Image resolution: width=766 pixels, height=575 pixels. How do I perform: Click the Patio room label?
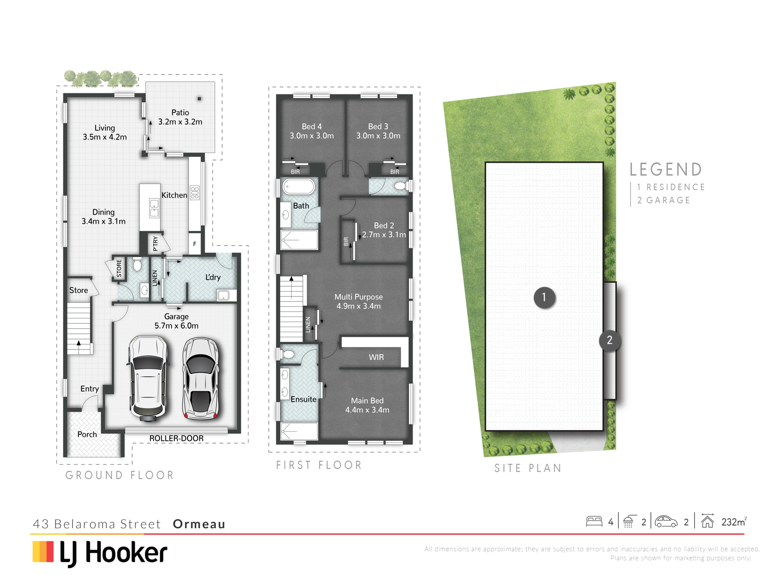coord(180,117)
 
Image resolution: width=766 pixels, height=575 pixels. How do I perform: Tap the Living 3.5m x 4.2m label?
coord(105,133)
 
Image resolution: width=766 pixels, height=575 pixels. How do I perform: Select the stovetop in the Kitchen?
coord(195,193)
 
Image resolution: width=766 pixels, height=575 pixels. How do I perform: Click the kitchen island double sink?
coord(154,208)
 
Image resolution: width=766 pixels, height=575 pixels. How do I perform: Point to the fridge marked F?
coord(195,244)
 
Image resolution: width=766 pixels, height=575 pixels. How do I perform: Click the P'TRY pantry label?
coord(156,244)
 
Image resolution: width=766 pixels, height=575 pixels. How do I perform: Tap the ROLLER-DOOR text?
coord(176,438)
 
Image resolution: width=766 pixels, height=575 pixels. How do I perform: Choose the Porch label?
coord(87,434)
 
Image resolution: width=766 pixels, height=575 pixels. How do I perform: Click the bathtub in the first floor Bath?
coord(299,186)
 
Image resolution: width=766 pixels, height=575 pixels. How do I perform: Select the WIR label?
coord(376,357)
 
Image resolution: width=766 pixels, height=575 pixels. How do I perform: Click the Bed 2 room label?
coord(384,230)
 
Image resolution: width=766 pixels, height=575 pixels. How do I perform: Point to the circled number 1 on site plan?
coord(544,297)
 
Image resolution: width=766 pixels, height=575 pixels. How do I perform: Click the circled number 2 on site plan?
coord(610,340)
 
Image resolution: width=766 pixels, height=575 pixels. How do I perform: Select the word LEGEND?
coord(666,170)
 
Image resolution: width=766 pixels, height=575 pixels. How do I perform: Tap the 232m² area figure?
coord(734,522)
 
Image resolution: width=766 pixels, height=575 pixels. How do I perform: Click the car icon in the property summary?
coord(666,521)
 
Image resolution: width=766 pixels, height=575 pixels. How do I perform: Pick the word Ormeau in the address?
coord(199,524)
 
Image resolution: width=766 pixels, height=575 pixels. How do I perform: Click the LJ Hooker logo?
coord(100,554)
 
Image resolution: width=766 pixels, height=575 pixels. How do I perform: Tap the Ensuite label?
coord(303,399)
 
